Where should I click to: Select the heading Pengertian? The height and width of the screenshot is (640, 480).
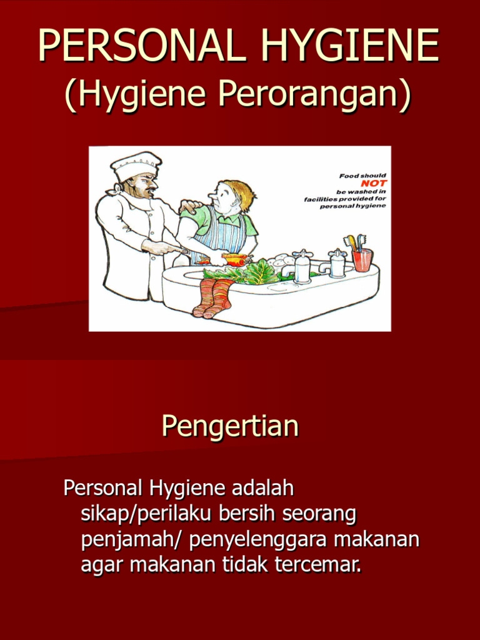tap(230, 426)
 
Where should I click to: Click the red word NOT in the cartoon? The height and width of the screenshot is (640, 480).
tap(374, 183)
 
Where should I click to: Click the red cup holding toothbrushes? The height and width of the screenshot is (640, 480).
tap(362, 259)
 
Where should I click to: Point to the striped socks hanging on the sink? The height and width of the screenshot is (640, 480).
tap(213, 297)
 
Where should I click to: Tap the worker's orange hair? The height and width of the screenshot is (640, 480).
tap(241, 192)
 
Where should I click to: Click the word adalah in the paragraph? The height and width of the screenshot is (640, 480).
tap(263, 487)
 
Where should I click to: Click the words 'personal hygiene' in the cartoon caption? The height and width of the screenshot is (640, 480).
tap(353, 206)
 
